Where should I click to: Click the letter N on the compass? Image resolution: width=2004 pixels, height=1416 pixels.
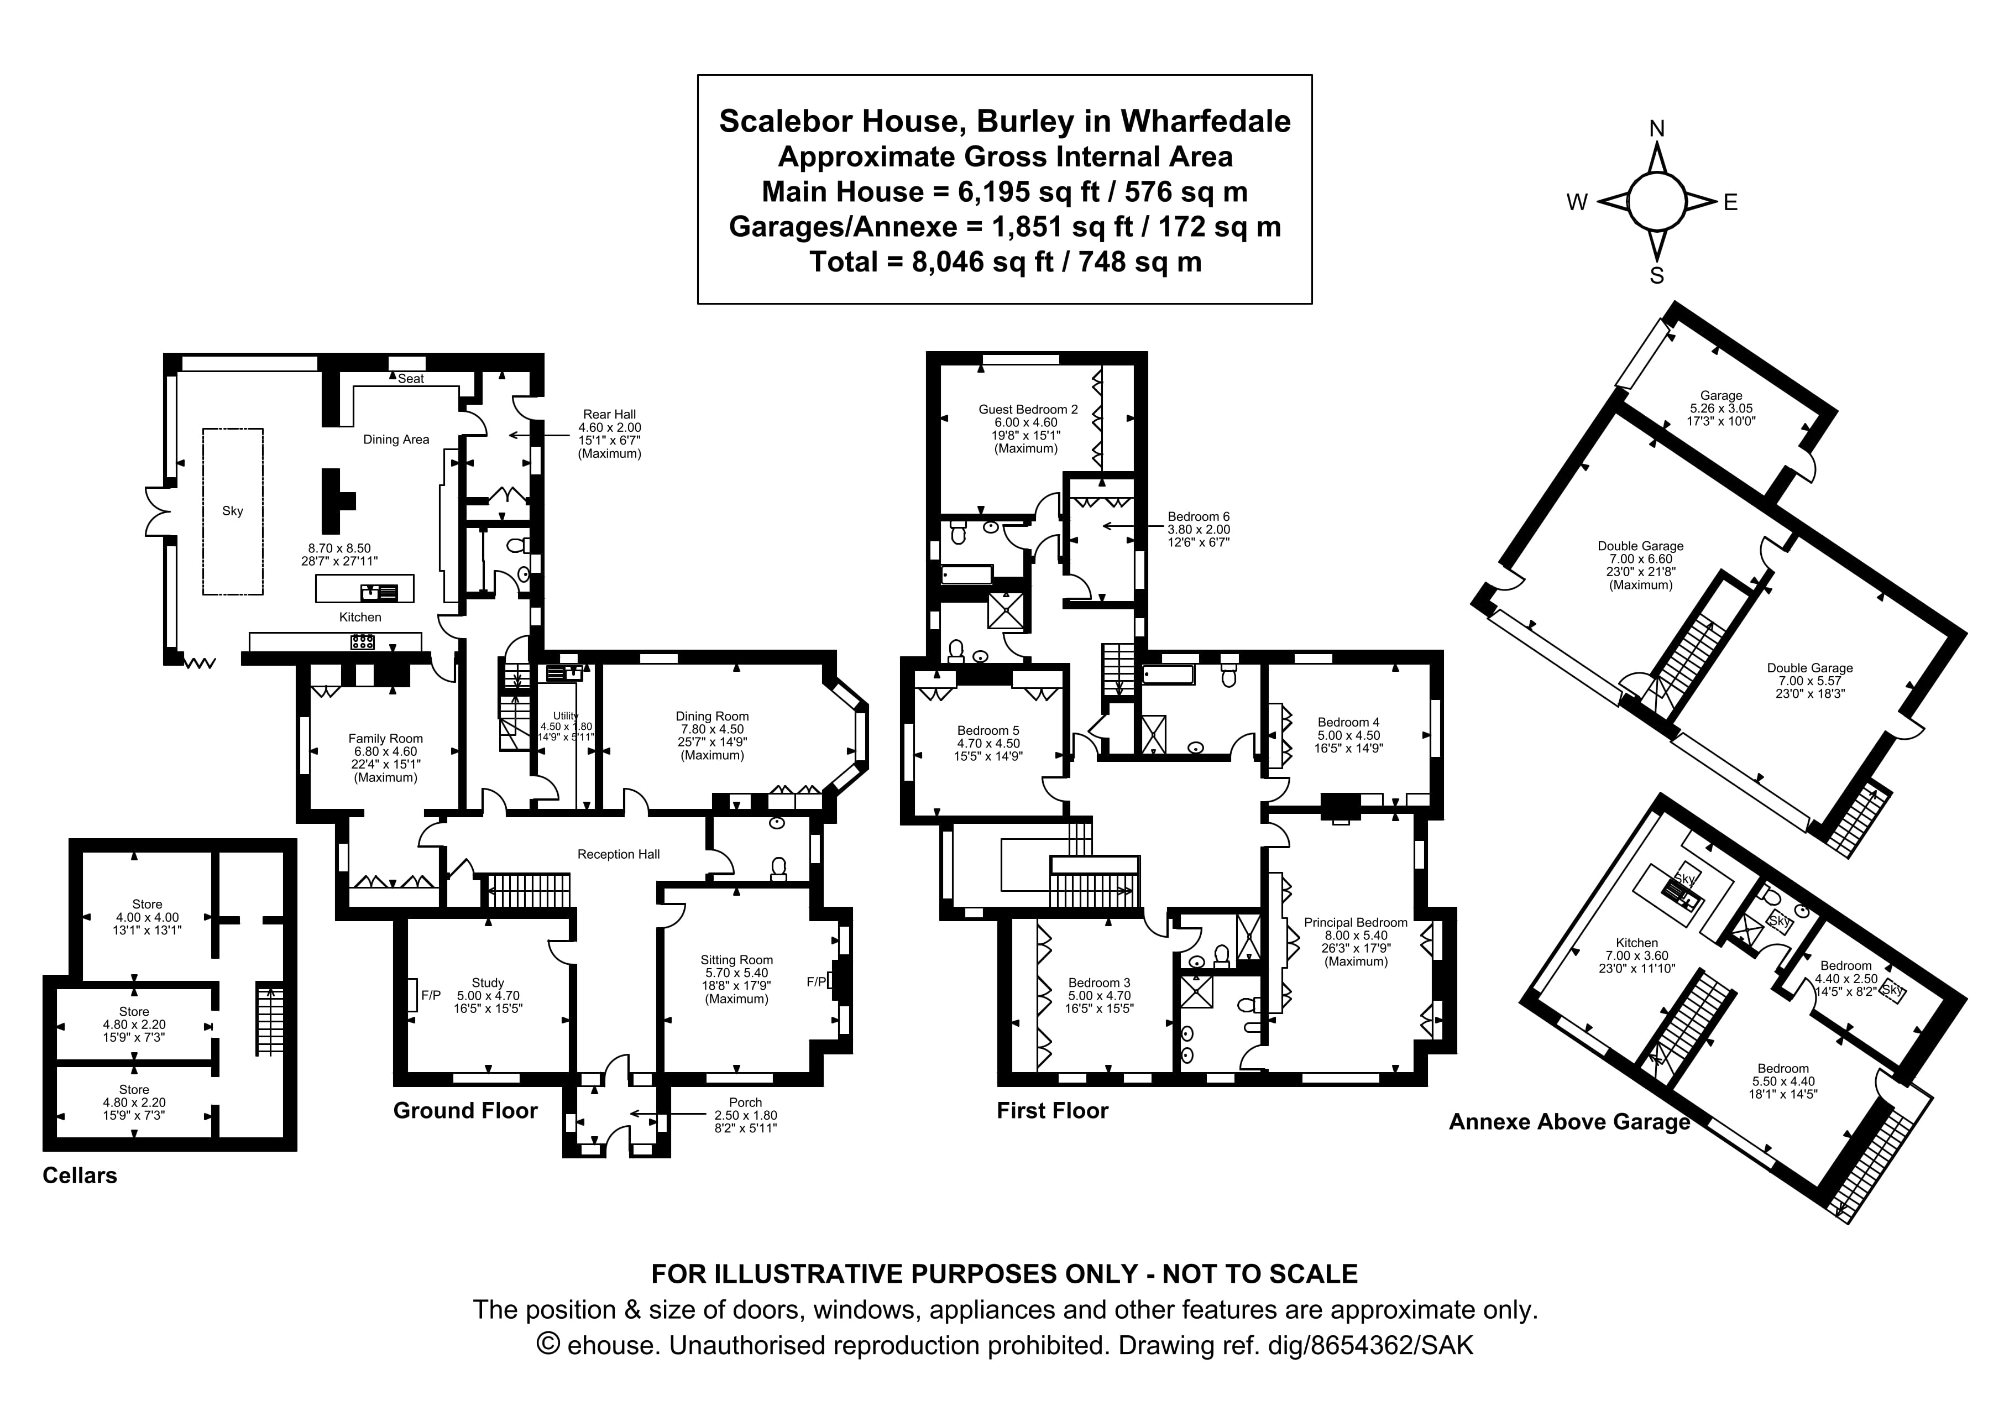tap(1656, 130)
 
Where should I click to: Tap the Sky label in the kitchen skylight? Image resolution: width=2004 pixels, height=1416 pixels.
tap(232, 511)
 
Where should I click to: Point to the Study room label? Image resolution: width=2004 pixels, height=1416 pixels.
tap(488, 983)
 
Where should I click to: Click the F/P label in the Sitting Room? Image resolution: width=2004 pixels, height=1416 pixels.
tap(815, 982)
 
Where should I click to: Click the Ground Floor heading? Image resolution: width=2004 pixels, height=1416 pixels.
tap(465, 1110)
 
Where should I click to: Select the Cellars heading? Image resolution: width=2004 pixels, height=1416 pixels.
tap(80, 1175)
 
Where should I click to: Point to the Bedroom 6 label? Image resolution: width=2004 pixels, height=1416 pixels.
tap(1199, 517)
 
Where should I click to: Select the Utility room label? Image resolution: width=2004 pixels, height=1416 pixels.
tap(566, 716)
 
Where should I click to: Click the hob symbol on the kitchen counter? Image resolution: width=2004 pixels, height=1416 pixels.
tap(362, 642)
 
